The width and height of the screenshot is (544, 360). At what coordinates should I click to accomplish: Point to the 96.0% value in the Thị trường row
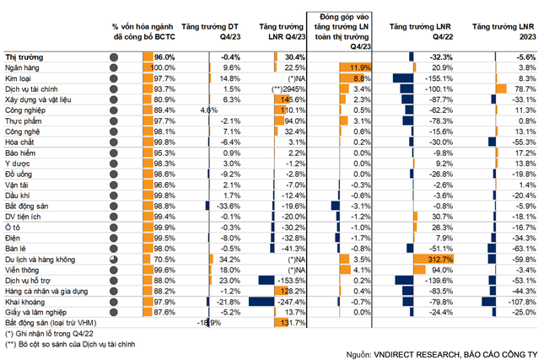pos(163,56)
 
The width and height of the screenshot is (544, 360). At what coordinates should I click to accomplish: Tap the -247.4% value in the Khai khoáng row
pos(288,300)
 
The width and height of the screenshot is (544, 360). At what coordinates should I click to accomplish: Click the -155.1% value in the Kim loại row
pos(431,77)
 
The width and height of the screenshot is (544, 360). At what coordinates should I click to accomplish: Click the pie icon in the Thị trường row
pos(114,56)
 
